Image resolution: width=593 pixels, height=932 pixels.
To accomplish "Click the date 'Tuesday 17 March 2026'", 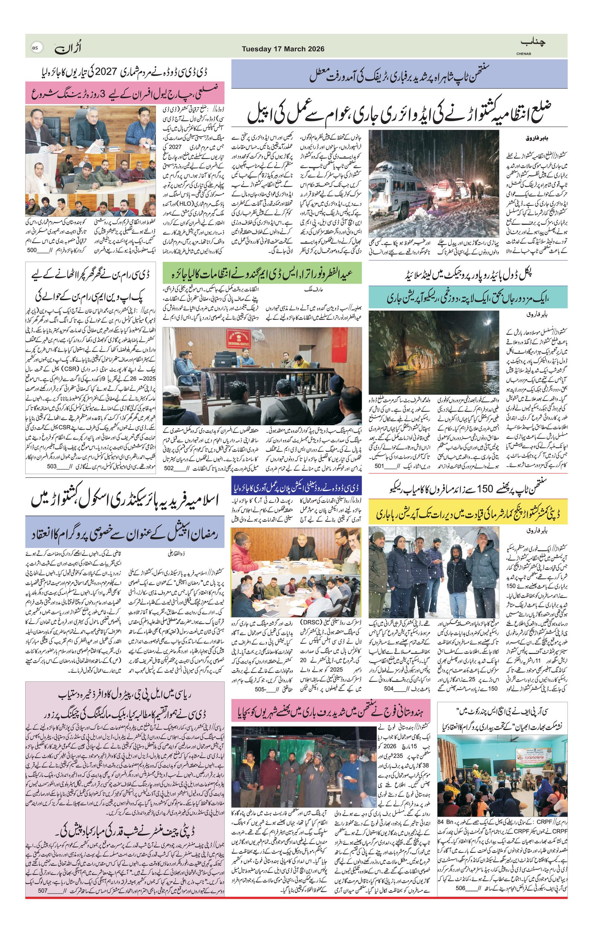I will pyautogui.click(x=283, y=49).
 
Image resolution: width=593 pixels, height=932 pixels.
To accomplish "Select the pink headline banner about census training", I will pyautogui.click(x=125, y=92).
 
